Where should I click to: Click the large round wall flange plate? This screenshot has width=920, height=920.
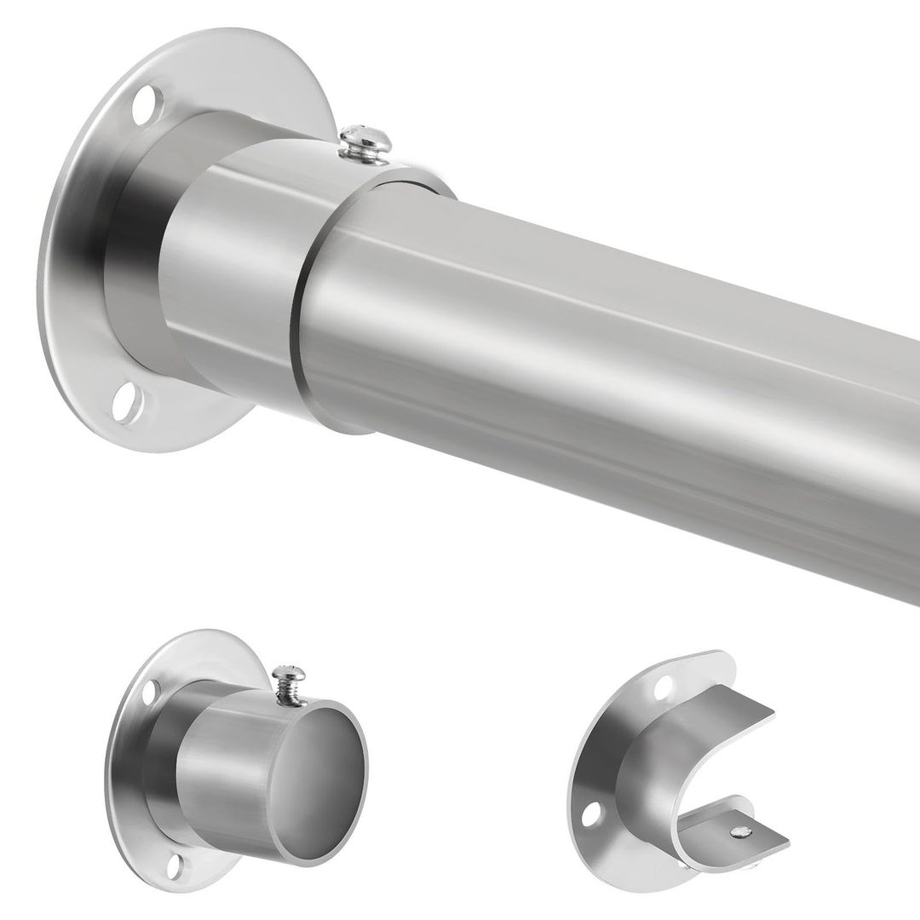pyautogui.click(x=77, y=256)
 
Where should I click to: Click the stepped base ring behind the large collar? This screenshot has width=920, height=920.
pyautogui.click(x=136, y=256)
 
